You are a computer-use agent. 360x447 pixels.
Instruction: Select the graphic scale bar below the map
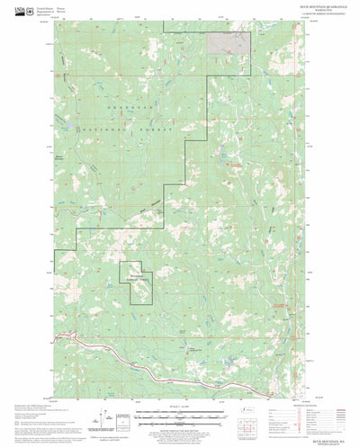(180, 392)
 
